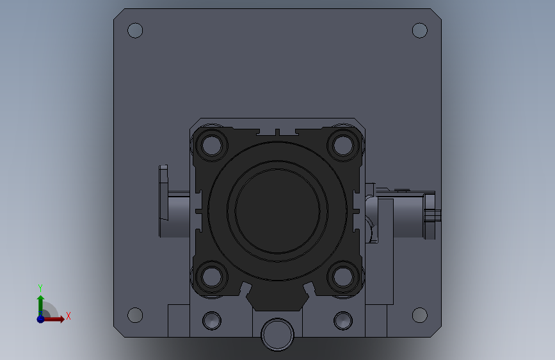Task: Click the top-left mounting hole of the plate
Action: pyautogui.click(x=135, y=31)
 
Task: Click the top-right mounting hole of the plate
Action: pyautogui.click(x=420, y=31)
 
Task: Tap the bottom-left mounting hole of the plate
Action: pyautogui.click(x=135, y=315)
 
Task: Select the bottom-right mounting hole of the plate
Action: pyautogui.click(x=420, y=315)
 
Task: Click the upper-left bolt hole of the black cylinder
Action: pyautogui.click(x=211, y=145)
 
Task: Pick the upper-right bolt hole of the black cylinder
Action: pyautogui.click(x=343, y=145)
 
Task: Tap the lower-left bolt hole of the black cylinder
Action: pyautogui.click(x=211, y=277)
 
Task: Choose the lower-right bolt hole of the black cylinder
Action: pyautogui.click(x=343, y=277)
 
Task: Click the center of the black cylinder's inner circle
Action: pyautogui.click(x=277, y=211)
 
